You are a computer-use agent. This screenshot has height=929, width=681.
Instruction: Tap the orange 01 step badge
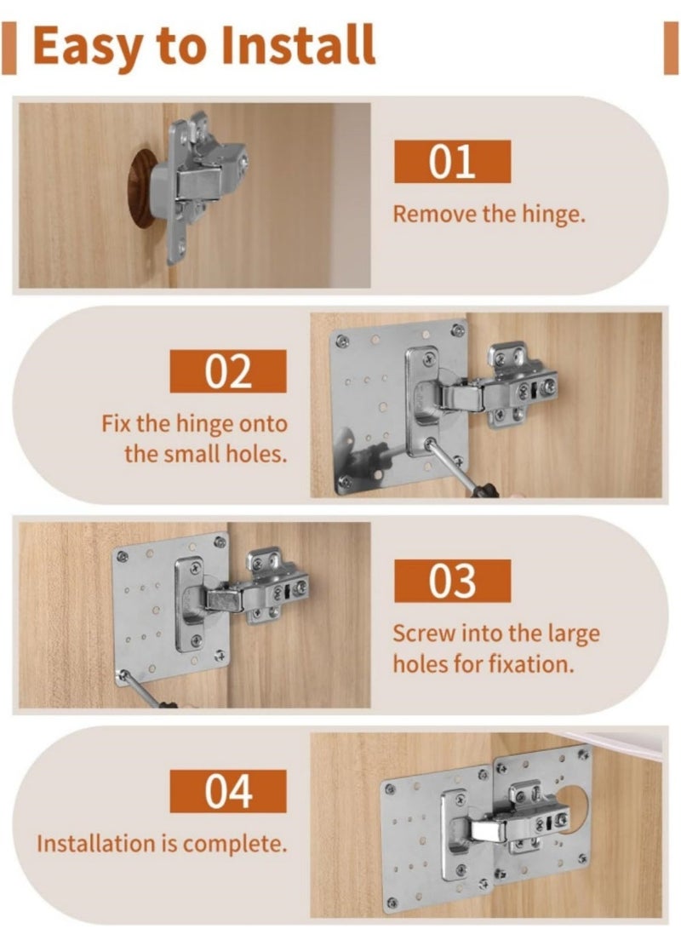tap(452, 162)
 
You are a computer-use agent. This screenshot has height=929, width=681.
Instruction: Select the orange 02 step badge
tap(228, 371)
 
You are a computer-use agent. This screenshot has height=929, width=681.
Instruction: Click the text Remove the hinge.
tap(489, 214)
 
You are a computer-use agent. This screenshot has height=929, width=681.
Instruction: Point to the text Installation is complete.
tap(161, 844)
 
